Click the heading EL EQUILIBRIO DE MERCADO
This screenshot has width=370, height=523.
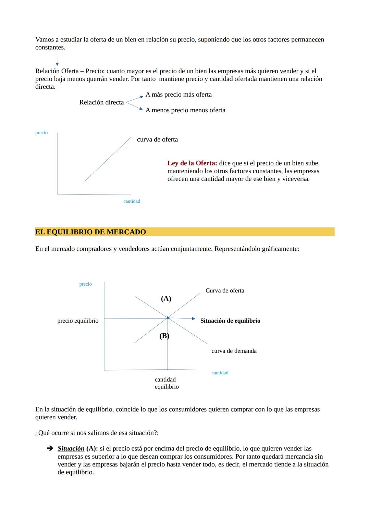[x=90, y=232]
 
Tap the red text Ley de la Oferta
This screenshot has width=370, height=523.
[x=192, y=163]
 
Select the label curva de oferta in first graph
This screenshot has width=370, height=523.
[x=157, y=139]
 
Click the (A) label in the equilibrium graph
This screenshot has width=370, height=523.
[x=166, y=299]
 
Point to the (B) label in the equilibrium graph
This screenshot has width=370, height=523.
[x=164, y=336]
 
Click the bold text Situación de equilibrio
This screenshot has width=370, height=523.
[x=230, y=321]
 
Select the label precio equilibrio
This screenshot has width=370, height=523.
[x=78, y=321]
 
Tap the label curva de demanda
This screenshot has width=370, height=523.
[x=234, y=351]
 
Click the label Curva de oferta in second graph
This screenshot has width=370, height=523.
[x=225, y=290]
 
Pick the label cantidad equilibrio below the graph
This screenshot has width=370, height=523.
[x=166, y=383]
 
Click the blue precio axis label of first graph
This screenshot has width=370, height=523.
[x=41, y=133]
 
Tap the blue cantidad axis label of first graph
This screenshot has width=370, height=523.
[x=132, y=201]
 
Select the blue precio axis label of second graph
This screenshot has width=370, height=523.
[x=85, y=284]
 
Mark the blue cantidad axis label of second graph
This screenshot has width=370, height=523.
[x=220, y=373]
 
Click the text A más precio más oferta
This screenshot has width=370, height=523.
[x=178, y=95]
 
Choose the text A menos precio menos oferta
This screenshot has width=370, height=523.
[x=185, y=110]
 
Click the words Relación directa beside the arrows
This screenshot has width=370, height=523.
[x=101, y=102]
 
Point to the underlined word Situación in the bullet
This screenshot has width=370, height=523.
[x=71, y=448]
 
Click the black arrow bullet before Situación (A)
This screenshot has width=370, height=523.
[x=50, y=448]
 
